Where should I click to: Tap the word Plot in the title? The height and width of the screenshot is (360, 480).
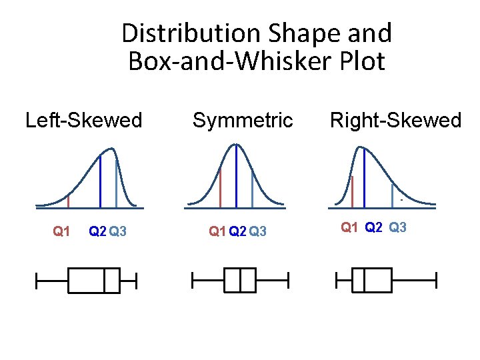click(361, 61)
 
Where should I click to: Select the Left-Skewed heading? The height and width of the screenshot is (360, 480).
click(83, 121)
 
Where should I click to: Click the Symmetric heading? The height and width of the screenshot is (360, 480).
click(243, 121)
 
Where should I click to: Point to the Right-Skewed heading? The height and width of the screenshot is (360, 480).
click(395, 121)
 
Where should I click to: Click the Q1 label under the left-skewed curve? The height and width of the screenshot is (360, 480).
click(61, 232)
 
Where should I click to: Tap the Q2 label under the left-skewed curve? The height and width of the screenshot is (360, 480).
click(97, 232)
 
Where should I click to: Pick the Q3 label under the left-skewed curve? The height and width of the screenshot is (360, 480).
click(119, 232)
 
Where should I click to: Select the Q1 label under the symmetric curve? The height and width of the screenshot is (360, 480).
click(217, 232)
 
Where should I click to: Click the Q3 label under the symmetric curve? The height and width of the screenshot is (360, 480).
click(257, 232)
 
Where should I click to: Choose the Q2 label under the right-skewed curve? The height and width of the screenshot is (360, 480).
click(373, 227)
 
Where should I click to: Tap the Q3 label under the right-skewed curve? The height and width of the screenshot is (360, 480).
click(397, 227)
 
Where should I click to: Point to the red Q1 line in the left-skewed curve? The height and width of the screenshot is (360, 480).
click(68, 199)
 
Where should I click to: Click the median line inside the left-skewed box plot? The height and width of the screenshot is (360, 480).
click(105, 280)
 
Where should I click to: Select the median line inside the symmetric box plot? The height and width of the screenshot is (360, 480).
click(239, 280)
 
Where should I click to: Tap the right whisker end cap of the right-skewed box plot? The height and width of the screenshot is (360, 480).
click(435, 280)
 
